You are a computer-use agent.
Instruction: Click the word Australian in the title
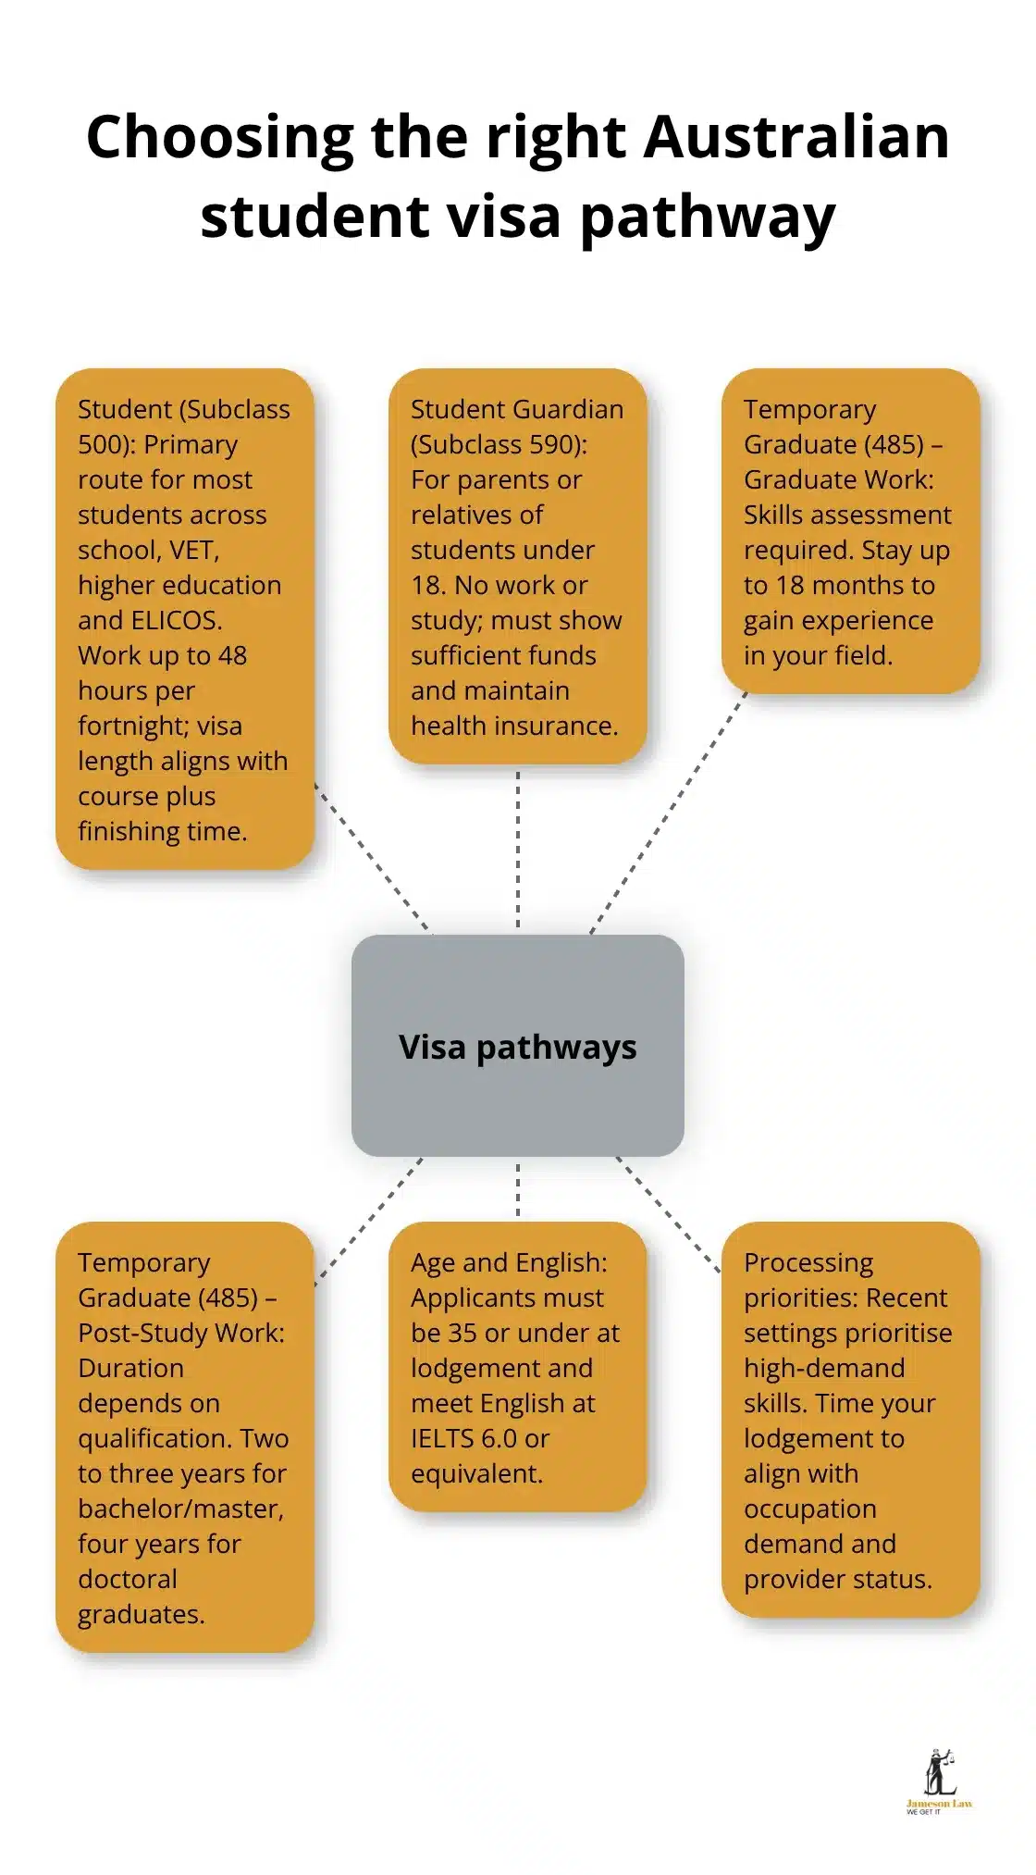point(796,137)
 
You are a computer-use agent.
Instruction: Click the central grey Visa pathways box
point(517,1046)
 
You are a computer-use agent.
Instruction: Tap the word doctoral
point(128,1580)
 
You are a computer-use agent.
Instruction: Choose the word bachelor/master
point(180,1509)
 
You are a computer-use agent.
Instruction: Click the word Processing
point(808,1263)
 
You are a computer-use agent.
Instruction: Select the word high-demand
point(824,1369)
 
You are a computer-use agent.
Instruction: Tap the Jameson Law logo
point(938,1782)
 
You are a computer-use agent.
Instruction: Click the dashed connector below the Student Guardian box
point(517,847)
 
